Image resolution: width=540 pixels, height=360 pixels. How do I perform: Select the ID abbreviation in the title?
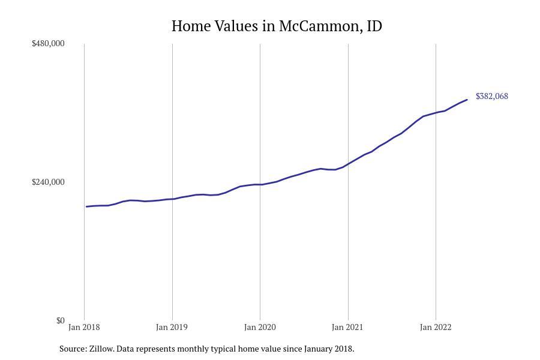pyautogui.click(x=374, y=26)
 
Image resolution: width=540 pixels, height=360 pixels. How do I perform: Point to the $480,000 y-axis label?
pyautogui.click(x=48, y=44)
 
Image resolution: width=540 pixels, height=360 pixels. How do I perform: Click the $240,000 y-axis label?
pyautogui.click(x=48, y=182)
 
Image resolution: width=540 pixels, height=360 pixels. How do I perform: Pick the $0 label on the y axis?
pyautogui.click(x=60, y=320)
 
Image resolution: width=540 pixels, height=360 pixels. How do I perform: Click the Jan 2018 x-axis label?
pyautogui.click(x=84, y=328)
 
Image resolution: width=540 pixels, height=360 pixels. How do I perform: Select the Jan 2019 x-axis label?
pyautogui.click(x=172, y=328)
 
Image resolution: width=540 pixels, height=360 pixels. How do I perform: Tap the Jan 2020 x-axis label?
pyautogui.click(x=260, y=328)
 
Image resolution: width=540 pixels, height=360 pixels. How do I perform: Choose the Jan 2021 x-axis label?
pyautogui.click(x=347, y=328)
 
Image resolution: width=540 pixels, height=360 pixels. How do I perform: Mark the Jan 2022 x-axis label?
pyautogui.click(x=436, y=328)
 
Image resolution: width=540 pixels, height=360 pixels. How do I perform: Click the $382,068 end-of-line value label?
pyautogui.click(x=491, y=97)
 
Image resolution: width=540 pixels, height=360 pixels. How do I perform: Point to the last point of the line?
pyautogui.click(x=467, y=100)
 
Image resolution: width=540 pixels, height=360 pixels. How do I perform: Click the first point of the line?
pyautogui.click(x=86, y=206)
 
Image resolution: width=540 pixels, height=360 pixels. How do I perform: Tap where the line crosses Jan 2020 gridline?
pyautogui.click(x=260, y=185)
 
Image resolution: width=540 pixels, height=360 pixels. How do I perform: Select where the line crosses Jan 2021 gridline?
pyautogui.click(x=348, y=164)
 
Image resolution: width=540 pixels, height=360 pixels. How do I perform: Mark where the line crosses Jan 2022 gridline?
pyautogui.click(x=436, y=113)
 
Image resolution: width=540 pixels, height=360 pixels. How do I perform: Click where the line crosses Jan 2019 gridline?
pyautogui.click(x=172, y=199)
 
